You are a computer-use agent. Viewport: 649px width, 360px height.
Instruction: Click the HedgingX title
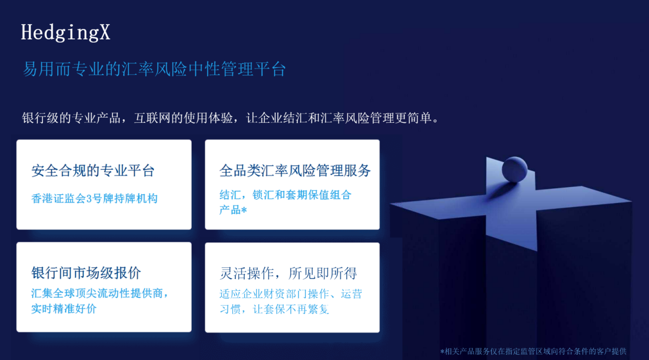pos(65,32)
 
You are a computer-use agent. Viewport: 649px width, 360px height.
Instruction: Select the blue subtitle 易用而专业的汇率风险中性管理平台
pos(154,69)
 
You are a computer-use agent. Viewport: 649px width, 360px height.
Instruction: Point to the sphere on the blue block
pos(514,169)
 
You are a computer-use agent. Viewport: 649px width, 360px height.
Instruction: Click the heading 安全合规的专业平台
pos(93,171)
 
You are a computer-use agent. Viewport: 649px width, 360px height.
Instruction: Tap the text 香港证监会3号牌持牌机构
pos(94,198)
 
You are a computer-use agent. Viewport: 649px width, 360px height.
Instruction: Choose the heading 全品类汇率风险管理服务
pos(295,171)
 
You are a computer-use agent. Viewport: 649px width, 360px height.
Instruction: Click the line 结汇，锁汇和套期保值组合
pos(285,195)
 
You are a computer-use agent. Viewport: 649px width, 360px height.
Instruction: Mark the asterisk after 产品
pos(244,210)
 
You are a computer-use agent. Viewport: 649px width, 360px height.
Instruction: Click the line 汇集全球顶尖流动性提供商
pos(100,294)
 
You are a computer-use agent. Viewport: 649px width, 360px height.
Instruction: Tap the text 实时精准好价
pos(63,309)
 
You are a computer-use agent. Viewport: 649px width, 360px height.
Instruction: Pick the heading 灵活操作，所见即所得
pos(288,274)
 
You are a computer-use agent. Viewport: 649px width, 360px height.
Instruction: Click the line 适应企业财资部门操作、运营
pos(290,294)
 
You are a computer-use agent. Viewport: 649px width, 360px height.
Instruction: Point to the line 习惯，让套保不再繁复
pos(274,309)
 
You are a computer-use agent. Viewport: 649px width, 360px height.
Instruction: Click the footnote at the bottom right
pos(533,351)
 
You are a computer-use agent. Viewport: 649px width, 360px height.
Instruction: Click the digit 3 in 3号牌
pos(89,199)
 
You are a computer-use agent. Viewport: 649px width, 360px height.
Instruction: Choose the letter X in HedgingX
pos(104,32)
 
